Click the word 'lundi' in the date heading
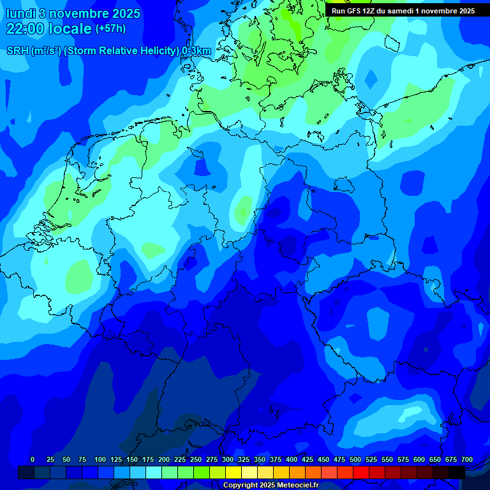click(22, 13)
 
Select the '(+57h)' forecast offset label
click(110, 29)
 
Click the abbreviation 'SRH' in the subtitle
click(17, 51)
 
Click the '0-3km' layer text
click(197, 51)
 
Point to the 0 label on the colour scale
click(33, 459)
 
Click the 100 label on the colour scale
click(100, 459)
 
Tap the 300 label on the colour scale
click(228, 459)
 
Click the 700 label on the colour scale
click(467, 459)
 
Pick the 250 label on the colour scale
click(196, 459)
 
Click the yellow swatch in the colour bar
click(234, 472)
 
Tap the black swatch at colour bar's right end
click(457, 472)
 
